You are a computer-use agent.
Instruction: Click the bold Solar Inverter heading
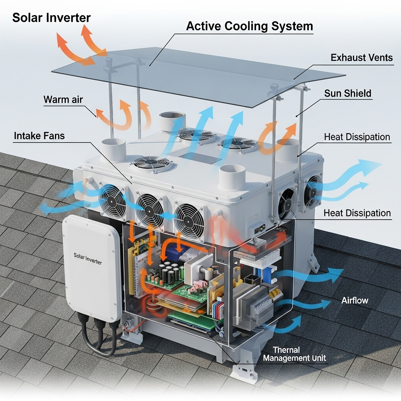click(51, 18)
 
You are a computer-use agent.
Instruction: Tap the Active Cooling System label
click(249, 26)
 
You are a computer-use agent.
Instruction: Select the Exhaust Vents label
click(361, 58)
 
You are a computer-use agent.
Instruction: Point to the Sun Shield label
click(348, 93)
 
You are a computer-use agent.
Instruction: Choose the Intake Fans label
click(39, 136)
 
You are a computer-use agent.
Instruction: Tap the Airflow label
click(355, 300)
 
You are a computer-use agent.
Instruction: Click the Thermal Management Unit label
click(294, 354)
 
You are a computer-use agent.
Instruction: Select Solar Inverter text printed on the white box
click(88, 258)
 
